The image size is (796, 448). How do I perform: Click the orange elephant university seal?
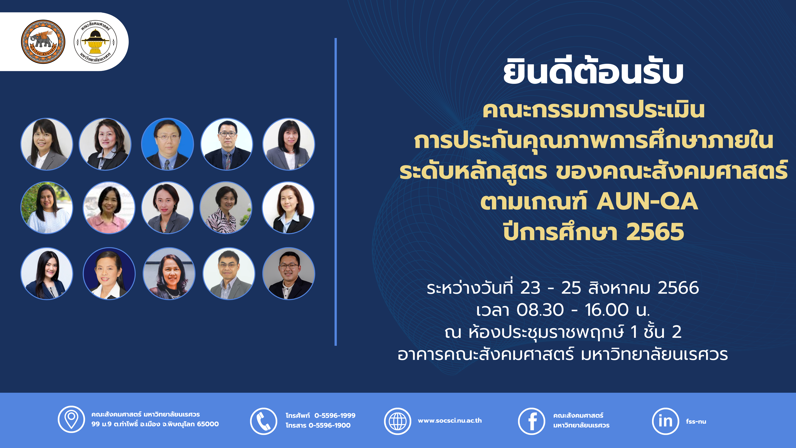click(x=43, y=42)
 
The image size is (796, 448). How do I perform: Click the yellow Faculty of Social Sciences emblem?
click(x=96, y=42)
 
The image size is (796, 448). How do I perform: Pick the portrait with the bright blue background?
click(x=167, y=144)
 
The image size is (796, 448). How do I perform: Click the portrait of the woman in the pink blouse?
click(x=109, y=207)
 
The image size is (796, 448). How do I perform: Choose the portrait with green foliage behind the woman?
click(x=47, y=207)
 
